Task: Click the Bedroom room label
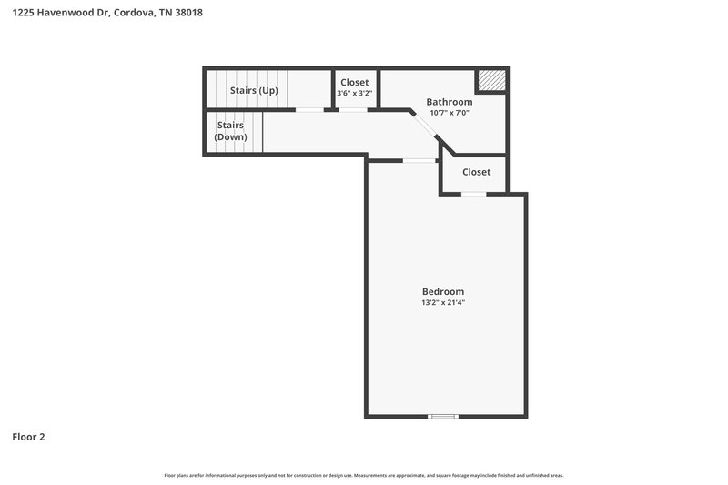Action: pos(443,291)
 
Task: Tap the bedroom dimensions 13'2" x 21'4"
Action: pos(443,303)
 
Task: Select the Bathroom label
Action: pos(450,101)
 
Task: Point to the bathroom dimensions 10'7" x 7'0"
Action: pos(450,113)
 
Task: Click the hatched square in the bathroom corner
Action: pos(492,80)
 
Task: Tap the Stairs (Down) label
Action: pos(230,131)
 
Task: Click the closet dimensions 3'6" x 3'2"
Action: pos(355,94)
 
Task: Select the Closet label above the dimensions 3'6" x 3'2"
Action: pos(355,82)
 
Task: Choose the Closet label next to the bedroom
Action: pos(476,172)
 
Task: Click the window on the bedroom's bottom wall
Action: pos(443,417)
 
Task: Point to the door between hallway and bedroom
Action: pos(420,161)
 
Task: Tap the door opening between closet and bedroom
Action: pos(473,194)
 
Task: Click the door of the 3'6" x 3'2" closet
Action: pos(354,110)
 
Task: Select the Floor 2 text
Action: pos(28,437)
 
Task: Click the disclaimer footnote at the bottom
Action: pos(364,475)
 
